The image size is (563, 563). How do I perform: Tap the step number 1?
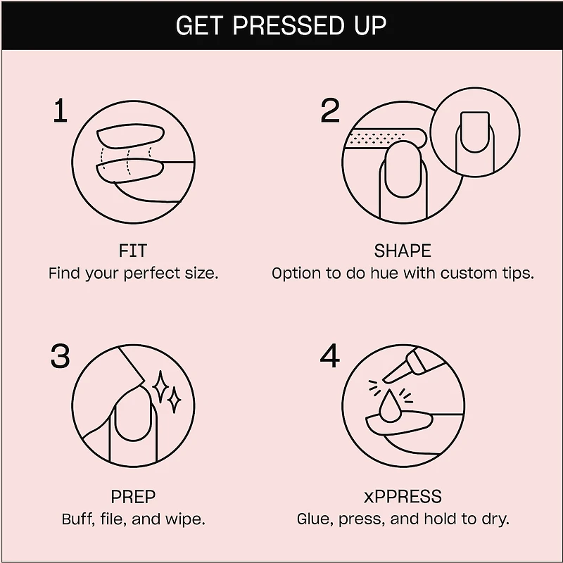coord(61,110)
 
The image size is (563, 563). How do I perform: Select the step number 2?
coord(329,110)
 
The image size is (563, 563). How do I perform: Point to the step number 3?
coord(60,356)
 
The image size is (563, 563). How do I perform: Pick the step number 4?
coord(329,356)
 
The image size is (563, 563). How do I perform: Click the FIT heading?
coord(133,251)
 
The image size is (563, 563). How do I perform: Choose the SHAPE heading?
coord(403,251)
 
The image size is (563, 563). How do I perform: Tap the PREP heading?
coord(133,497)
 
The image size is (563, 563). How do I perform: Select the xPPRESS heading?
coord(403,497)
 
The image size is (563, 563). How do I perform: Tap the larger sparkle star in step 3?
coord(160,387)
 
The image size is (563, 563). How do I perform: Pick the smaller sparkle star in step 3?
coord(175,400)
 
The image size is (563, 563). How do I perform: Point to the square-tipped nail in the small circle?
coord(474,132)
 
